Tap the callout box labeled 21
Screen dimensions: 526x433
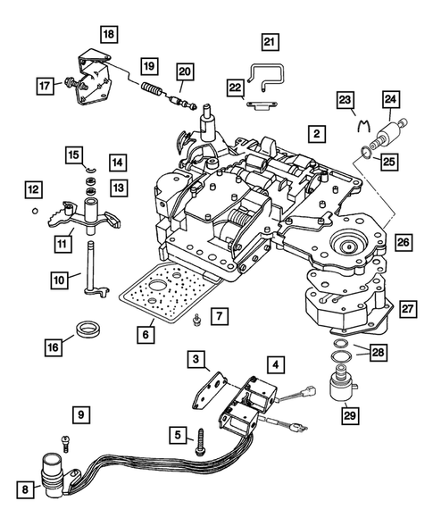[x=270, y=41]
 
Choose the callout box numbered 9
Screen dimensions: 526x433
[x=81, y=413]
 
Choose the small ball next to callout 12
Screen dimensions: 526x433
[x=33, y=211]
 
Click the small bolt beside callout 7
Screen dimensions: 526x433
[x=196, y=320]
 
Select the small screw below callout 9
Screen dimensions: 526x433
[x=65, y=439]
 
